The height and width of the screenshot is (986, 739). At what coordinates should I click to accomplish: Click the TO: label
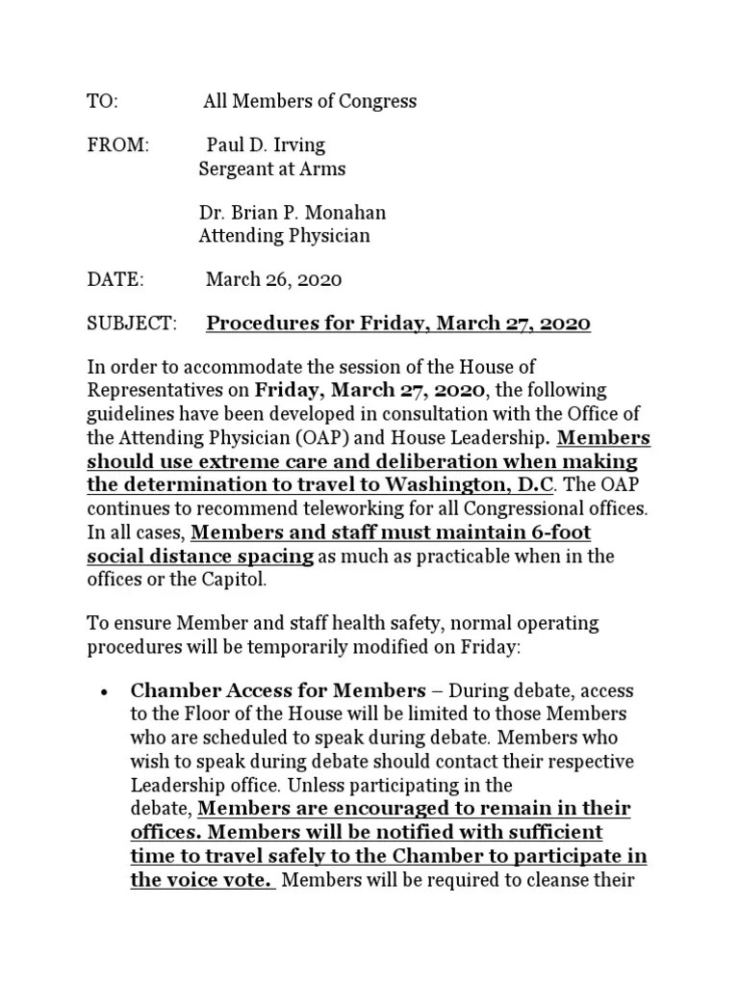point(102,101)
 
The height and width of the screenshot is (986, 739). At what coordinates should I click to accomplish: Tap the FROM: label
point(118,145)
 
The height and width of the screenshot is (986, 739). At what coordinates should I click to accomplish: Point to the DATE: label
point(115,279)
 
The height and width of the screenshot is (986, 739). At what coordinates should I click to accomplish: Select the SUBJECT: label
point(132,324)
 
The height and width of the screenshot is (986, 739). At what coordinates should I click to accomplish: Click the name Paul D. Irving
point(267,145)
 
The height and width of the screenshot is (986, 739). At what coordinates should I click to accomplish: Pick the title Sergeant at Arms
point(271,169)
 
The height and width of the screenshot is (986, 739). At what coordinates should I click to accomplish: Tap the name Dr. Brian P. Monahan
point(293,213)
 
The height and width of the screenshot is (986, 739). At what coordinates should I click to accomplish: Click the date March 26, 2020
point(274,279)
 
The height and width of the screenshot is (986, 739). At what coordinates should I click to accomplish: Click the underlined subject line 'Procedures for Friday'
point(397,324)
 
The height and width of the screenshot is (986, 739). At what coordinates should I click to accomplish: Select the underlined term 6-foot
point(561,533)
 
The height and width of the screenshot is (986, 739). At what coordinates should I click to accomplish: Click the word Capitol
point(241,580)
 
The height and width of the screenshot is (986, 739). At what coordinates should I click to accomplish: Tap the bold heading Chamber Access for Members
point(277,691)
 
